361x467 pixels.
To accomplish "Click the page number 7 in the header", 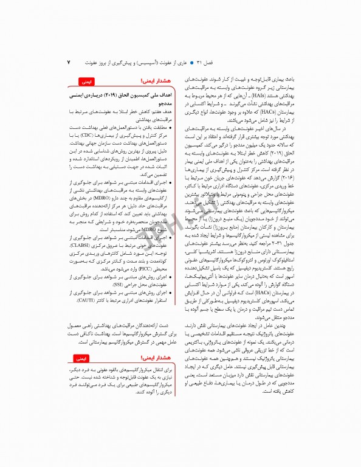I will (69, 62).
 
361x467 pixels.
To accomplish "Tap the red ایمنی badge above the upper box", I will (86, 80).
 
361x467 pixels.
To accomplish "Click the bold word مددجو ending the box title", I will (165, 104).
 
